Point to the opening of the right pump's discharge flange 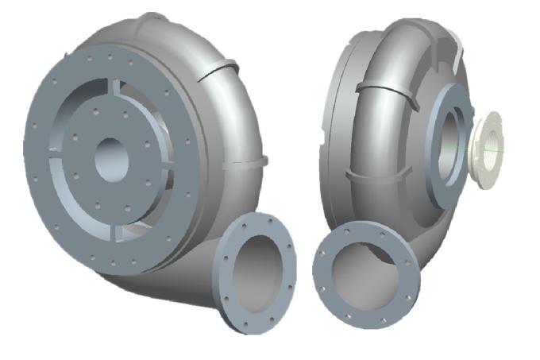(362, 275)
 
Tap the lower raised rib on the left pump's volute (242, 163)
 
